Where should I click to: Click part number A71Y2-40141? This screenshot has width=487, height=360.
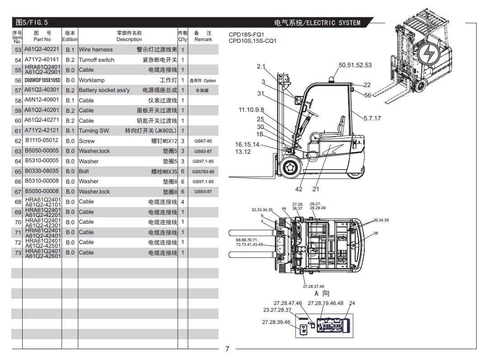42,60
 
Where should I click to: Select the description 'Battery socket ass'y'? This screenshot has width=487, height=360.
104,90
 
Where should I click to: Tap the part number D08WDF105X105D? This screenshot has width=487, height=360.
42,80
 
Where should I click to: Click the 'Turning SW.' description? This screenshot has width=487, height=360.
94,131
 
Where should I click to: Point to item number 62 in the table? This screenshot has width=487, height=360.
18,141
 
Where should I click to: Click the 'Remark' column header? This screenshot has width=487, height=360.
203,36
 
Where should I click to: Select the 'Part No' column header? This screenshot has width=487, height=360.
42,36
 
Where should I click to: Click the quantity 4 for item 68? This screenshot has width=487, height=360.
182,202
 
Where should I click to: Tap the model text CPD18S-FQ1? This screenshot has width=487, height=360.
246,34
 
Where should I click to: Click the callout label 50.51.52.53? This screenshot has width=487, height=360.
355,65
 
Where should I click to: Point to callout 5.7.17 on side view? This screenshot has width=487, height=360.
372,118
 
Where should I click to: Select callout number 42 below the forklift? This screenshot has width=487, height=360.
299,189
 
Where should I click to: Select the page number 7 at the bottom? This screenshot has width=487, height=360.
227,349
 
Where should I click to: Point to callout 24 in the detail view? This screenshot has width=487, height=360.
352,303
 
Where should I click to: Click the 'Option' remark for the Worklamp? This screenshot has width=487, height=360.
203,80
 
